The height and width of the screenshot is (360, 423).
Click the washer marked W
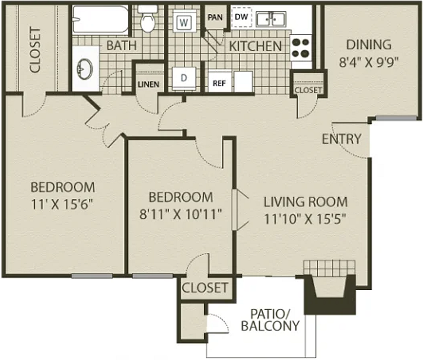click(184, 21)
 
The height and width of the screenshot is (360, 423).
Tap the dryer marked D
click(184, 78)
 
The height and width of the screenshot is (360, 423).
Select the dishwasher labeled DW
click(242, 17)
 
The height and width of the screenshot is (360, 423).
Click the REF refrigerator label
click(219, 83)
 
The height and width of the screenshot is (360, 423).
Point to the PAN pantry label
click(215, 18)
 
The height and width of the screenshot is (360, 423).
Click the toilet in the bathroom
click(147, 18)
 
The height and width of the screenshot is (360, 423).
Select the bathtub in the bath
click(101, 19)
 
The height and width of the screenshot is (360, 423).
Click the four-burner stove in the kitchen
click(301, 48)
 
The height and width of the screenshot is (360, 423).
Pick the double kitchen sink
click(271, 19)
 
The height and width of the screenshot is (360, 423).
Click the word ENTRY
click(342, 139)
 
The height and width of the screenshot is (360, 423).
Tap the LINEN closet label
click(148, 85)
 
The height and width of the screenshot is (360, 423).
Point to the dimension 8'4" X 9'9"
click(369, 63)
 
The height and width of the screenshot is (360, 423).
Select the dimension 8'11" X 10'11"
click(181, 214)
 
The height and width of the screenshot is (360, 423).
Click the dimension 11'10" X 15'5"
click(305, 219)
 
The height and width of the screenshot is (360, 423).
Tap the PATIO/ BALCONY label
click(270, 320)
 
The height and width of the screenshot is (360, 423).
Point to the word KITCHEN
click(256, 46)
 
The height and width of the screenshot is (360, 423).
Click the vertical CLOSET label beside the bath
click(35, 50)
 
